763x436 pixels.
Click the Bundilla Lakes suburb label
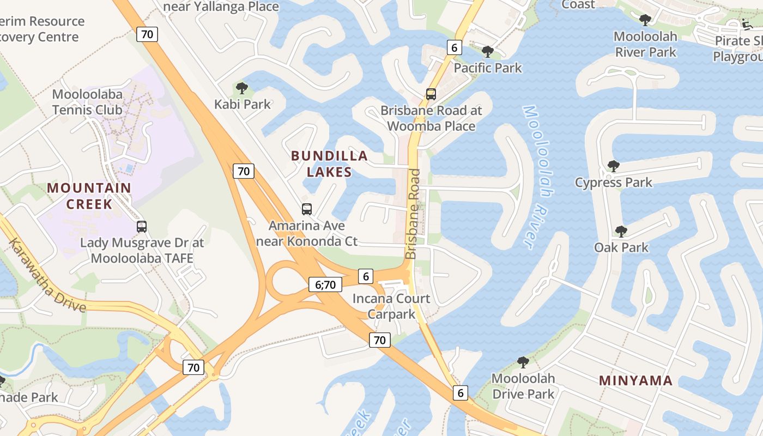point(329,163)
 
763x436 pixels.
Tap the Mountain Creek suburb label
point(89,196)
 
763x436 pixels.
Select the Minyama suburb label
point(635,380)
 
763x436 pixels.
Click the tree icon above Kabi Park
point(241,88)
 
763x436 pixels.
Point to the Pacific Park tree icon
point(488,52)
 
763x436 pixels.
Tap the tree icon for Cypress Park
point(613,166)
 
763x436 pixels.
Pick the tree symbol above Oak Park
point(621,232)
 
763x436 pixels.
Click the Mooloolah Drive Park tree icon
point(523,362)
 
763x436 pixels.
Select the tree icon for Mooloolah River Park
point(645,20)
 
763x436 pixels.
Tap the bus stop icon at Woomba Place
point(431,94)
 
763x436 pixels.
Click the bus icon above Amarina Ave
point(307,209)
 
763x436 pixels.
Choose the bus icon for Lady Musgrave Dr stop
point(142,226)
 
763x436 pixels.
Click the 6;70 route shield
point(325,284)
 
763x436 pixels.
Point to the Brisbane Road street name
point(413,214)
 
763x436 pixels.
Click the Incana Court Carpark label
point(391,306)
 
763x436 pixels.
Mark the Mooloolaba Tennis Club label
point(87,102)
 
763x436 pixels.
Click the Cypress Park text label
point(613,183)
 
